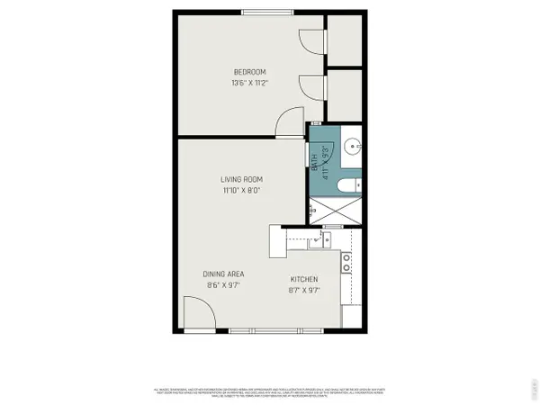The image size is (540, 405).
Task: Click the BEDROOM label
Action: coord(248,72)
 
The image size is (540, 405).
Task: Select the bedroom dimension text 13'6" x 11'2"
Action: coord(248,83)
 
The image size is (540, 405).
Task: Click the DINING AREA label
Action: coord(224,274)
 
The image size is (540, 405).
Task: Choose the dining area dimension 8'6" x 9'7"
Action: coord(224,284)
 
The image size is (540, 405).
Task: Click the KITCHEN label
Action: coord(303,280)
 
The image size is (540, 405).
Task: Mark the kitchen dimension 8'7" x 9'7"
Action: coord(303,291)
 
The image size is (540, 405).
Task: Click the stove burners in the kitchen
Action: coord(346,262)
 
